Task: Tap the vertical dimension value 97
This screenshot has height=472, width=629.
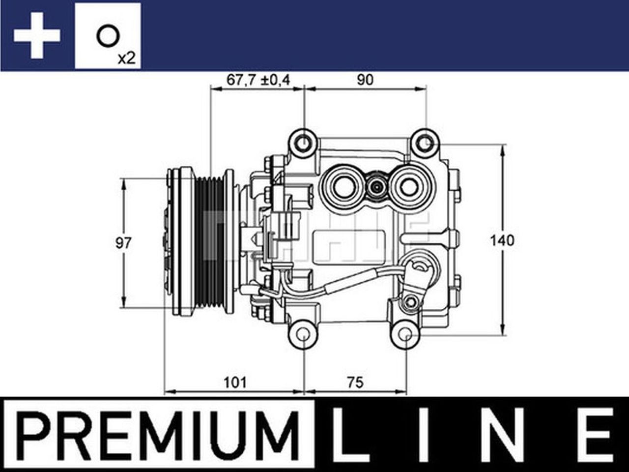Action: click(x=124, y=242)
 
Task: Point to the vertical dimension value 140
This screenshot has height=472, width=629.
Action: click(x=502, y=240)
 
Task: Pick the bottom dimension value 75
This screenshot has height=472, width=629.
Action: click(x=355, y=382)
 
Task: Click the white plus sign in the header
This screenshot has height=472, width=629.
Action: click(x=37, y=35)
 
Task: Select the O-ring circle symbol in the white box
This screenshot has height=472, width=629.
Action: click(x=107, y=36)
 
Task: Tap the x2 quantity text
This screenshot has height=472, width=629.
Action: click(x=126, y=59)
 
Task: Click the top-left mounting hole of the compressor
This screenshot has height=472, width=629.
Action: click(x=305, y=143)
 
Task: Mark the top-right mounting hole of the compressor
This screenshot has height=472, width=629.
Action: click(x=425, y=143)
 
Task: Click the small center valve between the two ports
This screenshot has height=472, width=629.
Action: click(x=376, y=187)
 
